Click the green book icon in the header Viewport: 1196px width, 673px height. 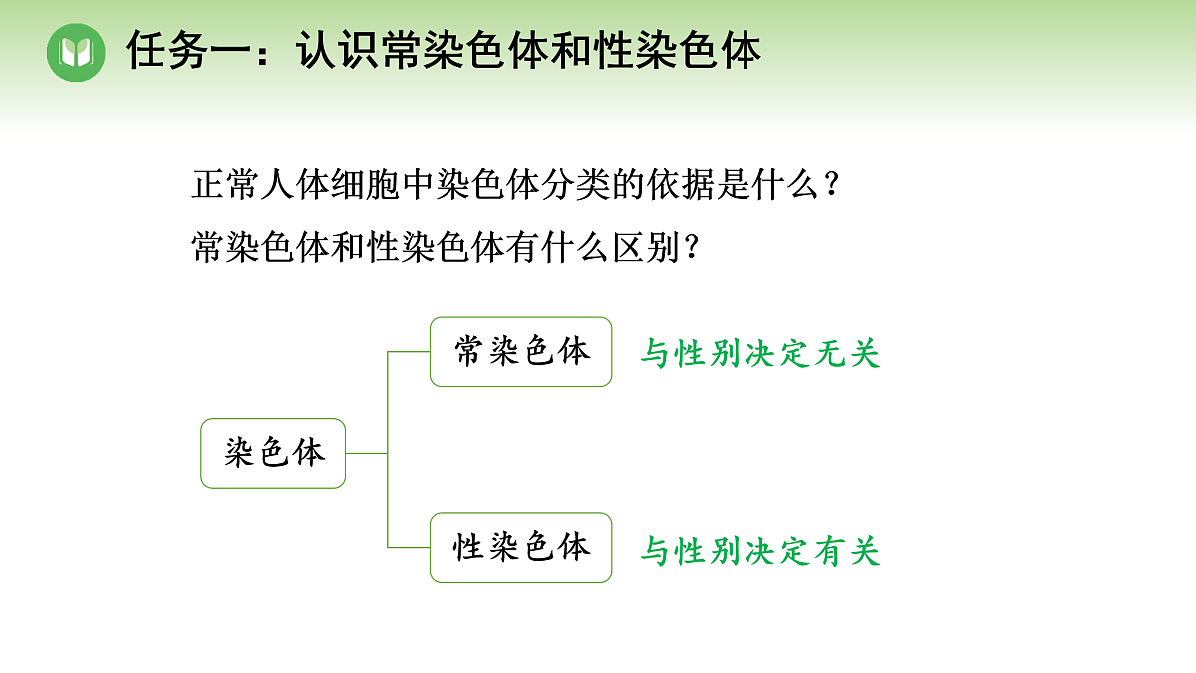pyautogui.click(x=76, y=52)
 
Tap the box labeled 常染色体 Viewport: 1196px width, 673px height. pyautogui.click(x=520, y=352)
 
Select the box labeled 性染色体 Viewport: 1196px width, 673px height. pyautogui.click(x=520, y=548)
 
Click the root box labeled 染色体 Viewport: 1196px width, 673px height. pyautogui.click(x=273, y=453)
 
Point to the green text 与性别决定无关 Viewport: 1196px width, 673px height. pyautogui.click(x=760, y=353)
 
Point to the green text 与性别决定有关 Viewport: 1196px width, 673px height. pyautogui.click(x=760, y=550)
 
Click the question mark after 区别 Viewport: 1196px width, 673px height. pyautogui.click(x=686, y=247)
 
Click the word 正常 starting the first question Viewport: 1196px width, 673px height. pyautogui.click(x=219, y=185)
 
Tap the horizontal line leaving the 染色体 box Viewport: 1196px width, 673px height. pyautogui.click(x=366, y=453)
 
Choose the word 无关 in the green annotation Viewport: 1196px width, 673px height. pyautogui.click(x=847, y=353)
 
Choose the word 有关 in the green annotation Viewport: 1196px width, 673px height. pyautogui.click(x=847, y=550)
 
